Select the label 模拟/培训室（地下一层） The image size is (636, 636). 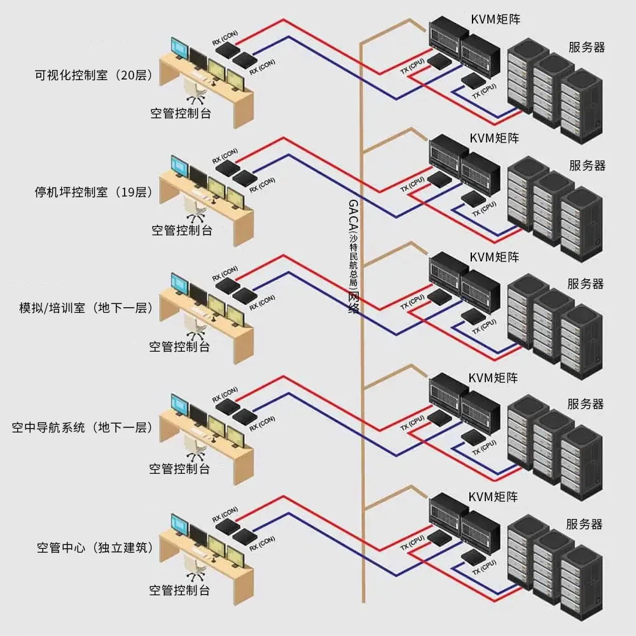coord(86,308)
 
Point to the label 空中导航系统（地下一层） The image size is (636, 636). coord(83,427)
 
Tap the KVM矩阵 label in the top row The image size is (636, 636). coord(494,19)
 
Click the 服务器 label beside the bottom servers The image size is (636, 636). coord(584,524)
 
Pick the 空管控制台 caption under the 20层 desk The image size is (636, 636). coord(181,114)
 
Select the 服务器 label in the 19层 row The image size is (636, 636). coord(587,166)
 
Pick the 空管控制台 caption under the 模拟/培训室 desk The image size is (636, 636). coord(179,347)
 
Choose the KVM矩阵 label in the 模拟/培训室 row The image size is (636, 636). coord(494,258)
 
